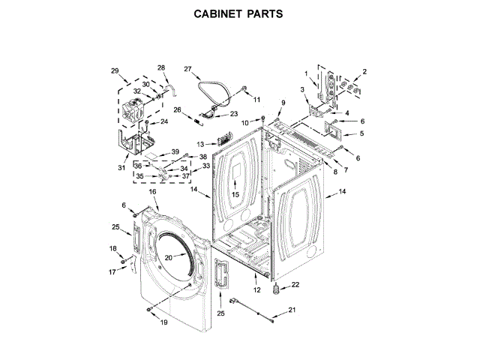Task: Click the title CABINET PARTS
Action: [x=240, y=14]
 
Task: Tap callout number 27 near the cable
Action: [x=188, y=69]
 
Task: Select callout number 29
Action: [x=115, y=71]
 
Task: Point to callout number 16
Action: [x=152, y=192]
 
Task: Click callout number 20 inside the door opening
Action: [x=169, y=257]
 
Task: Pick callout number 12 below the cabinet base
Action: [x=256, y=289]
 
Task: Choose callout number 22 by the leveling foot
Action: [x=295, y=284]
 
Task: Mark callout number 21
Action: [x=292, y=310]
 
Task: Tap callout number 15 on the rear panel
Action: [x=234, y=195]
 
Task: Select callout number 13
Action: [x=200, y=143]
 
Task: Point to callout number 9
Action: [x=283, y=103]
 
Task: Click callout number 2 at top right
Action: [x=364, y=72]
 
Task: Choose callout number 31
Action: [x=121, y=168]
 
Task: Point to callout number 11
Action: [x=256, y=100]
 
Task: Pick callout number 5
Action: [x=361, y=133]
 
